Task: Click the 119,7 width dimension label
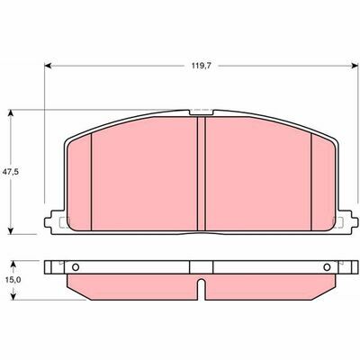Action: [x=202, y=66]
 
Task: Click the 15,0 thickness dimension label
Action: [x=13, y=280]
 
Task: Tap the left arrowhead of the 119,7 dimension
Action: [x=48, y=66]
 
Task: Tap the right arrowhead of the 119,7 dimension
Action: [x=355, y=66]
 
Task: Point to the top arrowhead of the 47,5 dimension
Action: [x=11, y=113]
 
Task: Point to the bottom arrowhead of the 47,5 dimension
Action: [x=11, y=230]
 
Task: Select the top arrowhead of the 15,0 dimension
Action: [x=13, y=265]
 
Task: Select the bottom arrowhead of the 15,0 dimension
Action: [x=13, y=296]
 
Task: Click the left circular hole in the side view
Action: [x=76, y=267]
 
